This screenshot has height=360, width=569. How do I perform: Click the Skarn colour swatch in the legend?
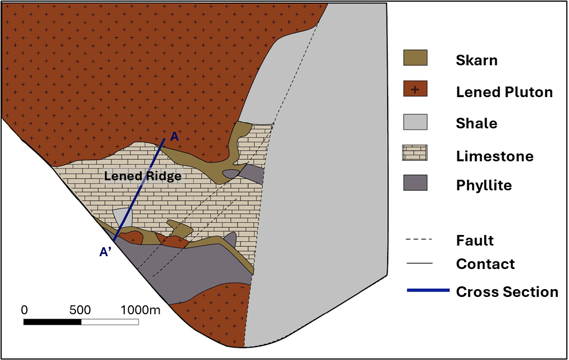415,58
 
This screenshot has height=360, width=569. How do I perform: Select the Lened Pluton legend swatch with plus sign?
415,89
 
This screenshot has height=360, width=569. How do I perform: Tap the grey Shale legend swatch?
415,122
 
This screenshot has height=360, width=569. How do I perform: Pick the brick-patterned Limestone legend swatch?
415,153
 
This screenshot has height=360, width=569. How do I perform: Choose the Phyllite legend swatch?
415,183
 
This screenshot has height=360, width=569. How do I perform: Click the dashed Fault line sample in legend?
419,240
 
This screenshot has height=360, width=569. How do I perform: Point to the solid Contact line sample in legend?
419,263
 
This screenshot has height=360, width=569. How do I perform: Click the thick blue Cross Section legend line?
428,290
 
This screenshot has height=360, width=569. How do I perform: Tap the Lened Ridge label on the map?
143,176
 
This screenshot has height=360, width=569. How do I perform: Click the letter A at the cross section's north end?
174,136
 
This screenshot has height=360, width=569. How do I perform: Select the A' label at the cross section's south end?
106,252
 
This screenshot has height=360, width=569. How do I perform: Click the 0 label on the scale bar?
24,310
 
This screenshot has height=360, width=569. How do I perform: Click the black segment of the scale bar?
52,322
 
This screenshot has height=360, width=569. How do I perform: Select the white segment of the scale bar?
109,322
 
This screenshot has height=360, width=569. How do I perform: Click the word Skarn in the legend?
476,60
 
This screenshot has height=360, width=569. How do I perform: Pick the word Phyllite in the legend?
484,185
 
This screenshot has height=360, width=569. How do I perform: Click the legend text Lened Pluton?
504,92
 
